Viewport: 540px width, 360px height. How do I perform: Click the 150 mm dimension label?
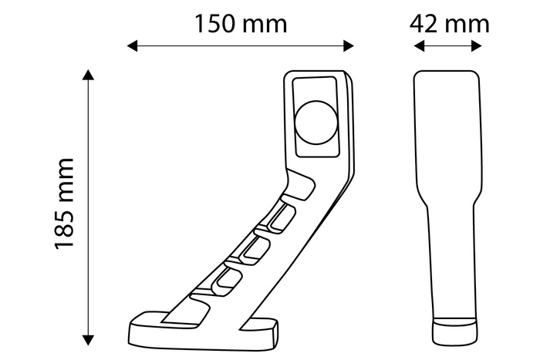pos(240,23)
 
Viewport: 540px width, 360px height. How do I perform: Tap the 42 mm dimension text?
pos(449,23)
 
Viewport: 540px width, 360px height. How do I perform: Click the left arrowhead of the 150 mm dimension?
pos(133,46)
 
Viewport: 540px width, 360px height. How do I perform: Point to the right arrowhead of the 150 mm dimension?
pos(349,46)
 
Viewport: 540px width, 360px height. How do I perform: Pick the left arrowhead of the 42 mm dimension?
pos(419,46)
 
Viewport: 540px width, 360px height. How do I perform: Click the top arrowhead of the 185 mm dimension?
pos(89,75)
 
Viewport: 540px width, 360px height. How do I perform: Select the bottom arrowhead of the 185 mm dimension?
pos(89,338)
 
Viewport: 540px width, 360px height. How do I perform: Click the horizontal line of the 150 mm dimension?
pos(240,46)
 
